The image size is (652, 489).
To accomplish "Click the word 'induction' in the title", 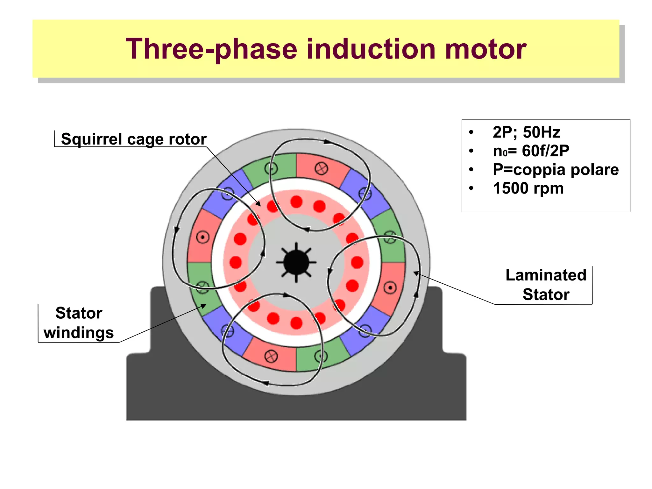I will [x=371, y=49].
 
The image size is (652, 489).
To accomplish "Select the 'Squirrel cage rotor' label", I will [x=133, y=139].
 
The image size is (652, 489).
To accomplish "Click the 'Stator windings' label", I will [x=79, y=323].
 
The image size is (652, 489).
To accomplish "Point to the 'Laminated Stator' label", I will [x=546, y=285].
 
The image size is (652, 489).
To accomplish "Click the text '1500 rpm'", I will [x=528, y=188].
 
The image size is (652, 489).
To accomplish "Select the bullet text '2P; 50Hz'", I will [x=526, y=132].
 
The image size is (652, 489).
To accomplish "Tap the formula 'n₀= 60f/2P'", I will [x=531, y=151].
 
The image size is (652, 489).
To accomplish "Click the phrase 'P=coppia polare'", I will [x=556, y=169].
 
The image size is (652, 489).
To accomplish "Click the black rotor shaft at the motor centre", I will [x=296, y=262].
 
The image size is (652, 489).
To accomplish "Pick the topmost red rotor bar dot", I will [x=296, y=202].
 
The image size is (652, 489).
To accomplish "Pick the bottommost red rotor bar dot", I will [x=296, y=323].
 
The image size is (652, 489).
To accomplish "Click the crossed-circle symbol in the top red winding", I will [x=321, y=169].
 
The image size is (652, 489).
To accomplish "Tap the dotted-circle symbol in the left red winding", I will [x=202, y=237].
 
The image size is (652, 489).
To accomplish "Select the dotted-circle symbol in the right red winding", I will [x=390, y=287].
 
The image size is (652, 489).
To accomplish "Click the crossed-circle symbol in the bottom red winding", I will [x=271, y=356].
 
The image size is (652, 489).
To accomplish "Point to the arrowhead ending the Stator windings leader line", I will [x=204, y=306].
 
